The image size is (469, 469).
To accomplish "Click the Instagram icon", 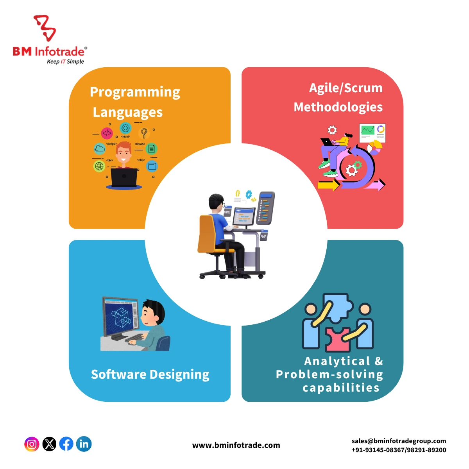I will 32,444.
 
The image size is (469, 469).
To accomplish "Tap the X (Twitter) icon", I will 49,444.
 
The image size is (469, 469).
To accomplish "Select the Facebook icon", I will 66,444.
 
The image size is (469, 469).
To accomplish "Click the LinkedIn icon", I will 84,444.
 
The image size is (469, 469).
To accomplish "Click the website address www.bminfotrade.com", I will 236,445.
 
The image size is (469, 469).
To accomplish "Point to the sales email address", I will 399,441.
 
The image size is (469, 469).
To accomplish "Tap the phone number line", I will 399,450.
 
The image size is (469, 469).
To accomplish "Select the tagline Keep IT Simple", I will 65,62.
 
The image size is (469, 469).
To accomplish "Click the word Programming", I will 135,92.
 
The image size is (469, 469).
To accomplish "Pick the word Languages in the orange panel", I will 127,113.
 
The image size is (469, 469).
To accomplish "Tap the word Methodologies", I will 338,107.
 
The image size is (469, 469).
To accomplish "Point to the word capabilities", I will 341,388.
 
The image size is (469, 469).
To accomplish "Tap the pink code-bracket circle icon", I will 107,133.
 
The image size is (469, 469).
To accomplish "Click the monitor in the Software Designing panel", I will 121,317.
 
